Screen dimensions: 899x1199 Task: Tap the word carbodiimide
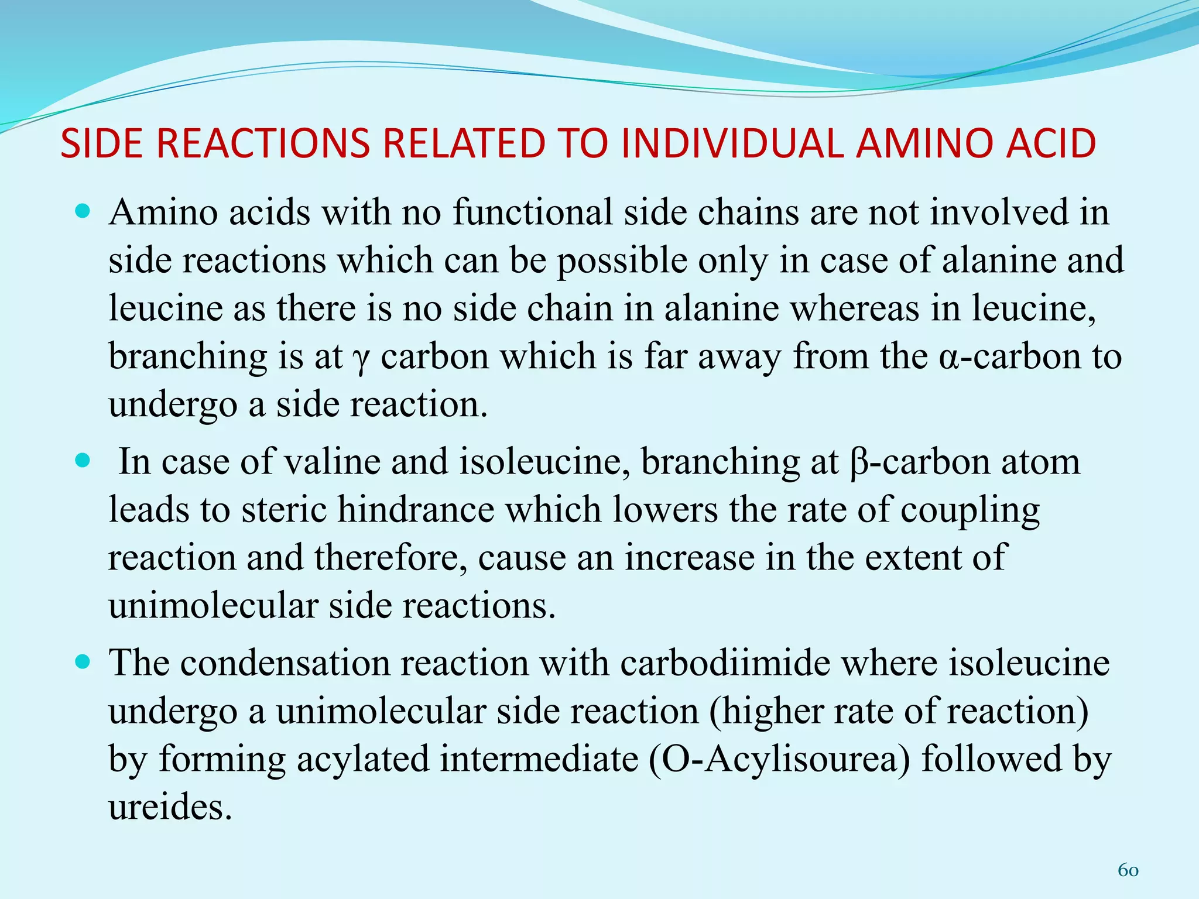tap(725, 663)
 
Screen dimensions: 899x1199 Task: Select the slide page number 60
tap(1128, 870)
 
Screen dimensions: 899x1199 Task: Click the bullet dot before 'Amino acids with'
tap(83, 211)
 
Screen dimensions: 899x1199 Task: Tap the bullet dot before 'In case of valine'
tap(83, 461)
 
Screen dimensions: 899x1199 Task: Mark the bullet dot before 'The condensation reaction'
tap(83, 663)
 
